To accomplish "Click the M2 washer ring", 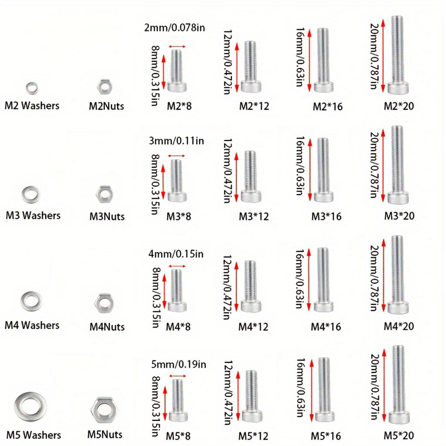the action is point(27,88).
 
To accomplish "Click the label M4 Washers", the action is point(32,325).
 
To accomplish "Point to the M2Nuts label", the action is point(106,106).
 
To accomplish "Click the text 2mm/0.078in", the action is point(174,27).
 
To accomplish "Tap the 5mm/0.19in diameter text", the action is point(178,365).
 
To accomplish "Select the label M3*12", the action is point(254,216).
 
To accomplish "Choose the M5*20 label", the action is point(399,436).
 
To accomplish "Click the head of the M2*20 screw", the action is point(398,88).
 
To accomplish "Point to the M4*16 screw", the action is point(324,280).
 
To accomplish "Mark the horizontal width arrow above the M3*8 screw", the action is point(176,155).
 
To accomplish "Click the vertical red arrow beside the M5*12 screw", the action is point(238,396).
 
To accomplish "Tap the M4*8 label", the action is point(178,327).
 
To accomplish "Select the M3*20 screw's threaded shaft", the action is point(397,159).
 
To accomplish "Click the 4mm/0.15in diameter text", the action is point(176,254).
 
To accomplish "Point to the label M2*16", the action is point(328,107).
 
